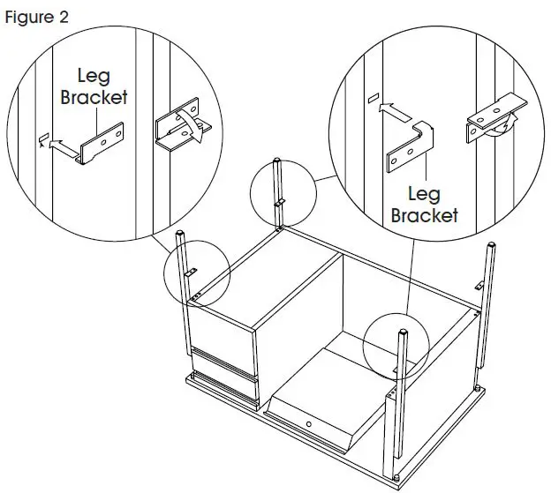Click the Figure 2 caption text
[x=34, y=17]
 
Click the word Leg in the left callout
[x=93, y=78]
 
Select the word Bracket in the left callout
[x=94, y=97]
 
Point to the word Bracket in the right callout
[x=424, y=214]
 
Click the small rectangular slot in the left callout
[x=42, y=138]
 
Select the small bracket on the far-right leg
[x=478, y=284]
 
